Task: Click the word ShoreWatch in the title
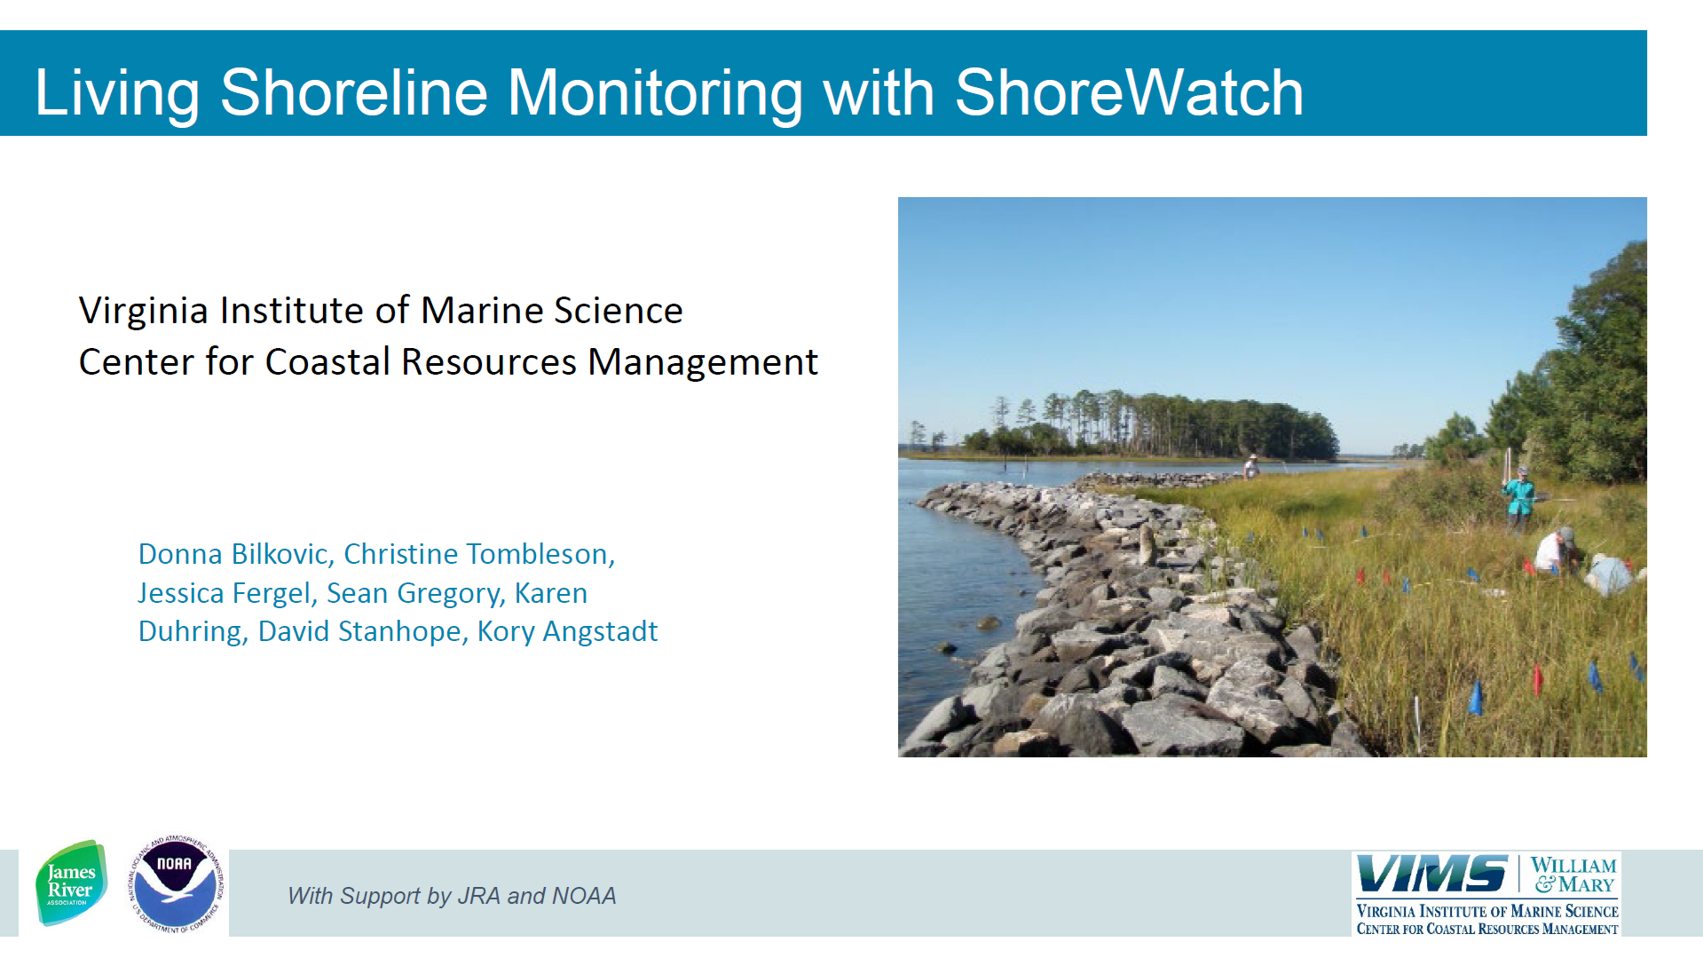pyautogui.click(x=1129, y=92)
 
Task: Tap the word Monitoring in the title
pyautogui.click(x=655, y=94)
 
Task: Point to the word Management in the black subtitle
pyautogui.click(x=703, y=362)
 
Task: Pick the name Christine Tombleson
pyautogui.click(x=479, y=554)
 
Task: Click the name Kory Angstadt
pyautogui.click(x=568, y=631)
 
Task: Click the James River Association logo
pyautogui.click(x=71, y=883)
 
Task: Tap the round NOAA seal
pyautogui.click(x=175, y=884)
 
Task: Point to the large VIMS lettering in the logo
pyautogui.click(x=1431, y=874)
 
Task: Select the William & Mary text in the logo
pyautogui.click(x=1573, y=875)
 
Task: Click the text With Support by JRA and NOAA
pyautogui.click(x=452, y=896)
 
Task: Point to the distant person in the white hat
pyautogui.click(x=1251, y=466)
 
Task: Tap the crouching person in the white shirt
pyautogui.click(x=1554, y=551)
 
